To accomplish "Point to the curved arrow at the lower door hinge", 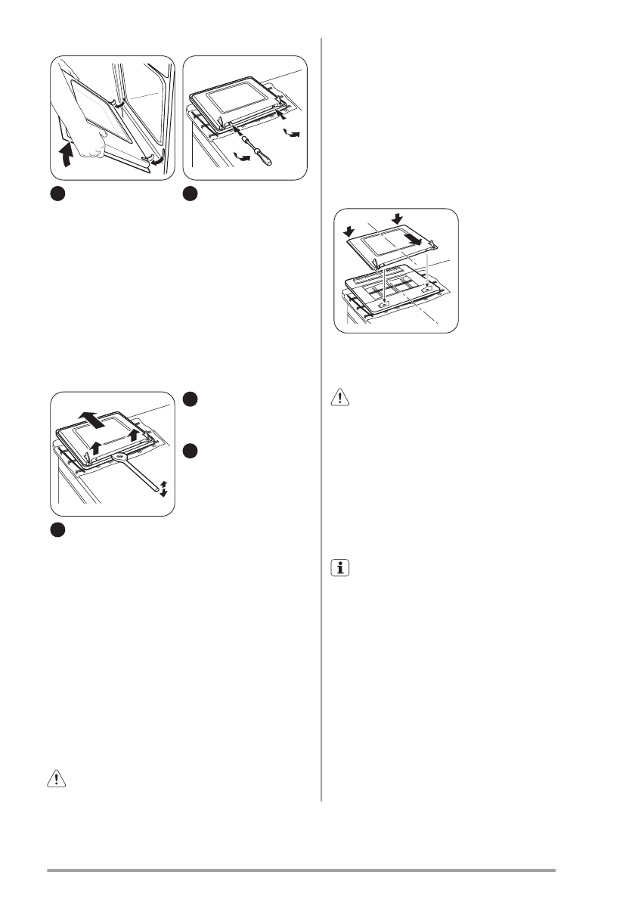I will (157, 161).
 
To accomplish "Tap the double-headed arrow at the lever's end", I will (163, 491).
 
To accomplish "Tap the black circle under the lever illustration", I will (59, 531).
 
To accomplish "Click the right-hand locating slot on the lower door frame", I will (429, 288).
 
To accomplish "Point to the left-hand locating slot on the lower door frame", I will (384, 304).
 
